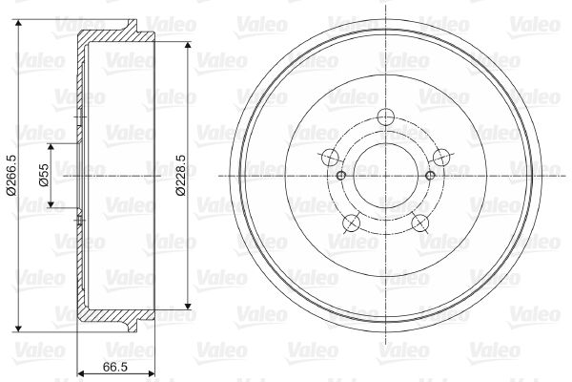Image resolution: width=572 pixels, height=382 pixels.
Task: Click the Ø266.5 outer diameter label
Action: click(10, 176)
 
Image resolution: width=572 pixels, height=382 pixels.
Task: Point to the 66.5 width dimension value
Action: click(114, 368)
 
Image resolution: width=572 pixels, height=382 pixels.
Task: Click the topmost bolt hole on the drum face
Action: click(385, 117)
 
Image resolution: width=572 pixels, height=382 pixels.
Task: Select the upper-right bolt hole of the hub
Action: click(439, 158)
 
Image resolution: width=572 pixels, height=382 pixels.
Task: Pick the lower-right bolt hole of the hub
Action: click(419, 223)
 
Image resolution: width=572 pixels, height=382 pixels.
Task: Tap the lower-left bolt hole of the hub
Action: click(351, 223)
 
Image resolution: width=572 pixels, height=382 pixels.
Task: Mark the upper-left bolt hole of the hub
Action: click(330, 158)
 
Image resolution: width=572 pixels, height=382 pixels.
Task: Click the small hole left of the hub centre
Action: click(340, 176)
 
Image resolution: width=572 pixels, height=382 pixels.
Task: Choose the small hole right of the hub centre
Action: click(430, 176)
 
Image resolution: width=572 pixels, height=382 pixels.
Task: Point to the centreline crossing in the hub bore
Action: click(385, 176)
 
